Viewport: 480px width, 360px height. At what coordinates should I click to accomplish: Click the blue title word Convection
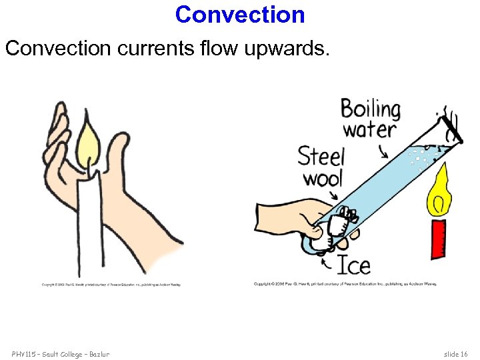tap(240, 14)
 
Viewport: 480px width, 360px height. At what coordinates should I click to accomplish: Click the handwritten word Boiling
tap(371, 109)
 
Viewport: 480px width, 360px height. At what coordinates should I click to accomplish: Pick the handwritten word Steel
tap(321, 157)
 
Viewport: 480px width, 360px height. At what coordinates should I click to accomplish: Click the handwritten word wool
tap(322, 178)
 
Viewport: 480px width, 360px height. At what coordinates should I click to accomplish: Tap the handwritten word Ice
tap(353, 265)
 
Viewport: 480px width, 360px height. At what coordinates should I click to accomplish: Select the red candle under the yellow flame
tap(439, 237)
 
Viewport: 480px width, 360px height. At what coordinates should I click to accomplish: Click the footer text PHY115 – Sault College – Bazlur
tap(60, 353)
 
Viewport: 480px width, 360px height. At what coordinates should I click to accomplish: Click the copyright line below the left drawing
tap(111, 285)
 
